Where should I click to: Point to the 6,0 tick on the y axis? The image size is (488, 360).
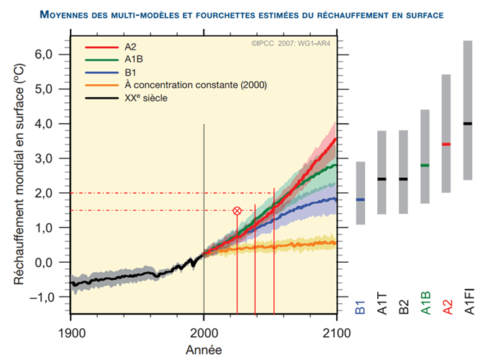coord(45,55)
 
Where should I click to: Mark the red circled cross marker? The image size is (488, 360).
coord(237,211)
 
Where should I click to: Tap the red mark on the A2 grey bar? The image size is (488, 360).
coord(446,145)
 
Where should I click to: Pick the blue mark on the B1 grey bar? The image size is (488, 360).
coord(361,199)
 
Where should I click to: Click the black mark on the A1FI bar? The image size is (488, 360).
coord(468,124)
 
